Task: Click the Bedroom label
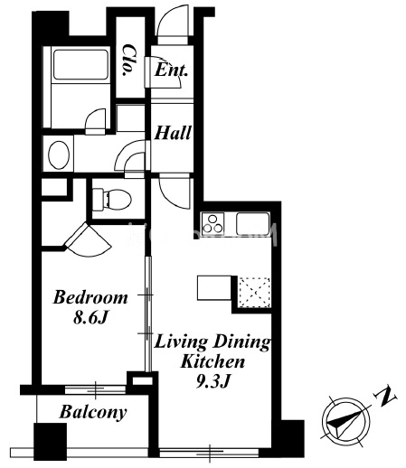pyautogui.click(x=90, y=297)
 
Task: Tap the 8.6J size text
pyautogui.click(x=90, y=317)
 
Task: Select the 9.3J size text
pyautogui.click(x=213, y=381)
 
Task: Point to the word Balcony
pyautogui.click(x=93, y=412)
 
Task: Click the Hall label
pyautogui.click(x=173, y=133)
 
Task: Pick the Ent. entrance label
pyautogui.click(x=171, y=70)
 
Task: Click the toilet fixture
pyautogui.click(x=111, y=199)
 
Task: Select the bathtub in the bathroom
pyautogui.click(x=80, y=64)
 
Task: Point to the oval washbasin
pyautogui.click(x=59, y=154)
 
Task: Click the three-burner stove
pyautogui.click(x=213, y=224)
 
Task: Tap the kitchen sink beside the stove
pyautogui.click(x=252, y=224)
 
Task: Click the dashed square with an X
pyautogui.click(x=254, y=292)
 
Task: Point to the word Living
pyautogui.click(x=181, y=342)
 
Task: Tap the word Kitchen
pyautogui.click(x=212, y=361)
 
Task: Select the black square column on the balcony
pyautogui.click(x=50, y=442)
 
